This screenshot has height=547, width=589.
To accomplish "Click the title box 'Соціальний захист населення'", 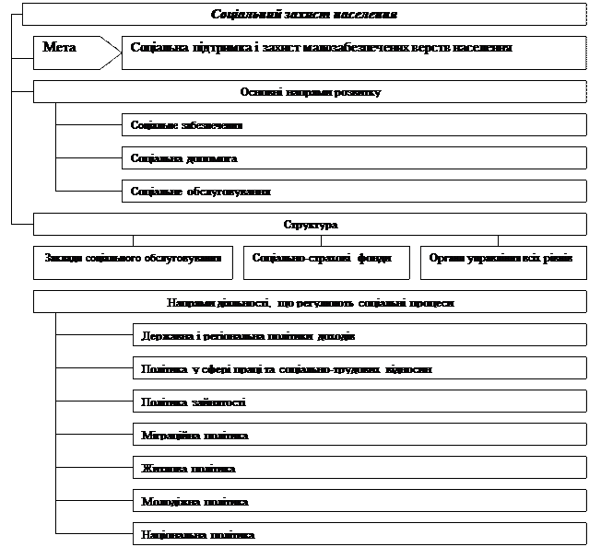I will coord(304,15).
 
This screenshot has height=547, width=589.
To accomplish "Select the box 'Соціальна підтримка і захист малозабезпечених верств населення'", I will coord(354,49).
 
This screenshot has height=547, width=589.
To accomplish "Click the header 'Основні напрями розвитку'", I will coord(310,92).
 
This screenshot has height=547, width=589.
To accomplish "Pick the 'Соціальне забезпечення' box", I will coord(354,125).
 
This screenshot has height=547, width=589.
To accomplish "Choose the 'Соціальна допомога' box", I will coord(354,158).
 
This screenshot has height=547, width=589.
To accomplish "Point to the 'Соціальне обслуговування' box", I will coord(354,192).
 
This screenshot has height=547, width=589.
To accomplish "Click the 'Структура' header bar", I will coord(310,225).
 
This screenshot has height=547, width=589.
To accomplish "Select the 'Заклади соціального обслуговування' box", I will coord(133,261).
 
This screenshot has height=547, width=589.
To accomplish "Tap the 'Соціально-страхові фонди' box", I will coord(322,261).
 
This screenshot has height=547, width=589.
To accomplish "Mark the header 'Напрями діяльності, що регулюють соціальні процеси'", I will coord(310,302).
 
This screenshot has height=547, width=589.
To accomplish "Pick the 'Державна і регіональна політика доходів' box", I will coord(359,336).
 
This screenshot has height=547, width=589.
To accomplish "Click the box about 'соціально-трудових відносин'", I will coord(359,369).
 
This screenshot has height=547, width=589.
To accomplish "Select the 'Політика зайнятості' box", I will coord(359,402).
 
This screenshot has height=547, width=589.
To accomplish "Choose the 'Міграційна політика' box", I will coord(359,436).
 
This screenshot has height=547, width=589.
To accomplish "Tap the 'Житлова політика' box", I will coord(359,469).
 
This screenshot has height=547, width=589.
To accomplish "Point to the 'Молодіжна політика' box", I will coord(359,502).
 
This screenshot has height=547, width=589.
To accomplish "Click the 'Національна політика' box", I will coord(359,534).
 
